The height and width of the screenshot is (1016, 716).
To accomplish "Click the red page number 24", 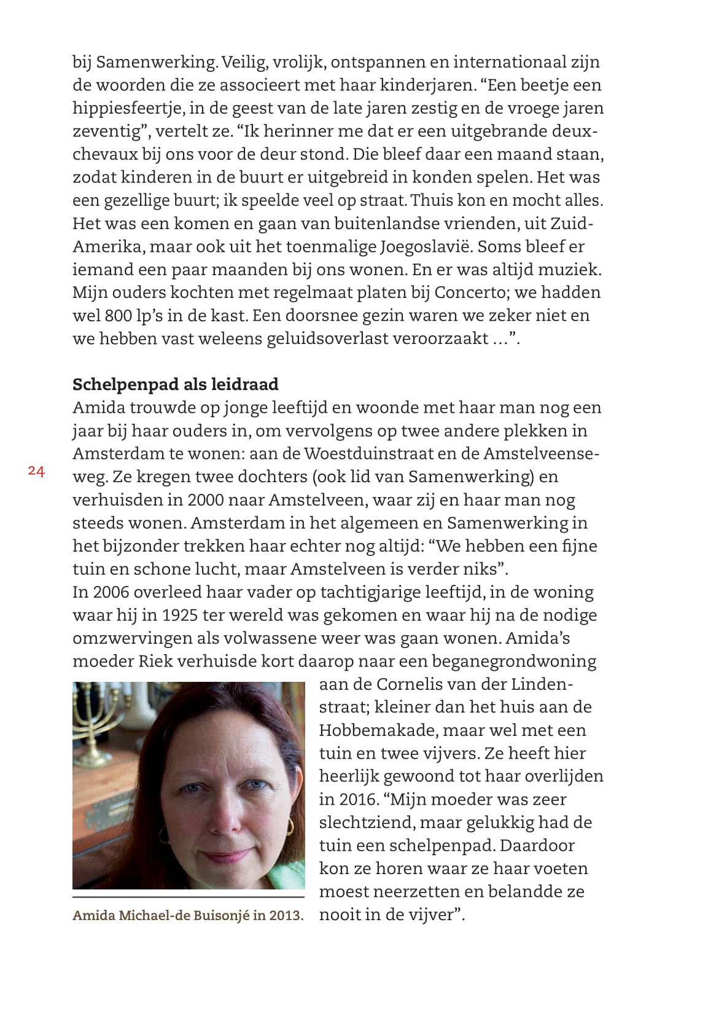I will (x=36, y=471).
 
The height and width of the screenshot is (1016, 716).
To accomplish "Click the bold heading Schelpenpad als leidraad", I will (x=175, y=385).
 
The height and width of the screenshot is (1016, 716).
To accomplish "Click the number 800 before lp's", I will (x=118, y=316).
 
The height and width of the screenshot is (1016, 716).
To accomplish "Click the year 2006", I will (x=109, y=592).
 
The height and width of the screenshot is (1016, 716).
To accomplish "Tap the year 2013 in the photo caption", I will (x=286, y=915).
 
